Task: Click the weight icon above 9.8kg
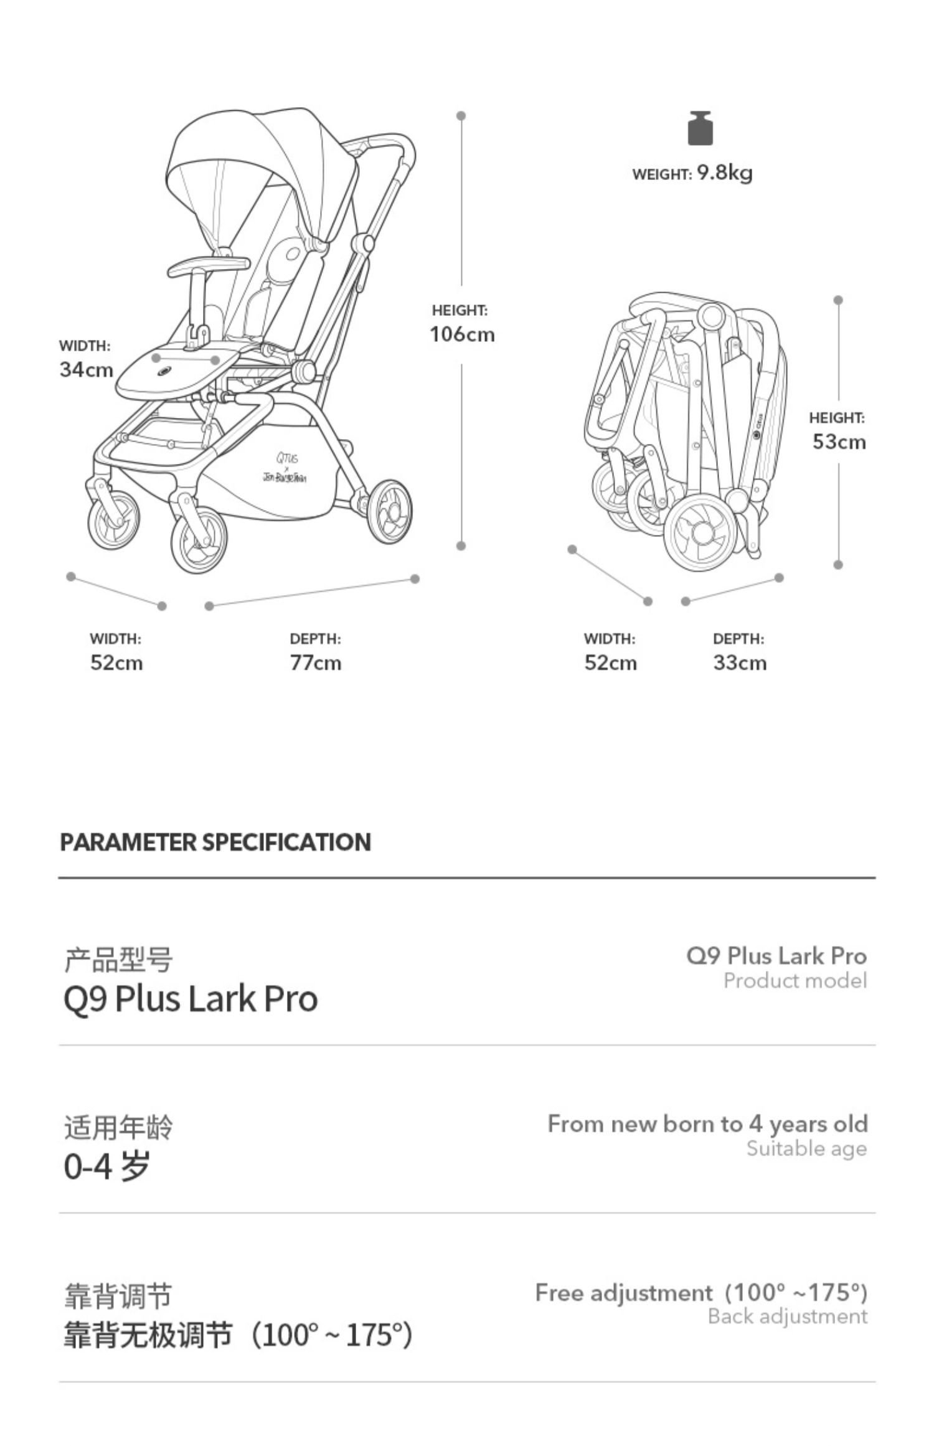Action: click(x=700, y=128)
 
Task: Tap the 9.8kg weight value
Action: click(x=724, y=172)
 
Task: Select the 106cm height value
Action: click(x=462, y=334)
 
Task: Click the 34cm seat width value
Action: click(x=86, y=369)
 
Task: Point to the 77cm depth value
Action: click(x=316, y=663)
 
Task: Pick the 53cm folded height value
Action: click(x=839, y=442)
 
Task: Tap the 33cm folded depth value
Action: click(x=740, y=663)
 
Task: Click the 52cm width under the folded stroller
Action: click(x=610, y=663)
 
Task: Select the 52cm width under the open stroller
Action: click(x=116, y=663)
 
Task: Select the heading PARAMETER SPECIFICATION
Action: click(x=215, y=842)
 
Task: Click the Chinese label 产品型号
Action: click(x=118, y=960)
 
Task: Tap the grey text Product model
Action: click(x=795, y=981)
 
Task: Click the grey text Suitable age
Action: click(x=806, y=1148)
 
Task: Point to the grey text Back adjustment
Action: click(x=787, y=1316)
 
